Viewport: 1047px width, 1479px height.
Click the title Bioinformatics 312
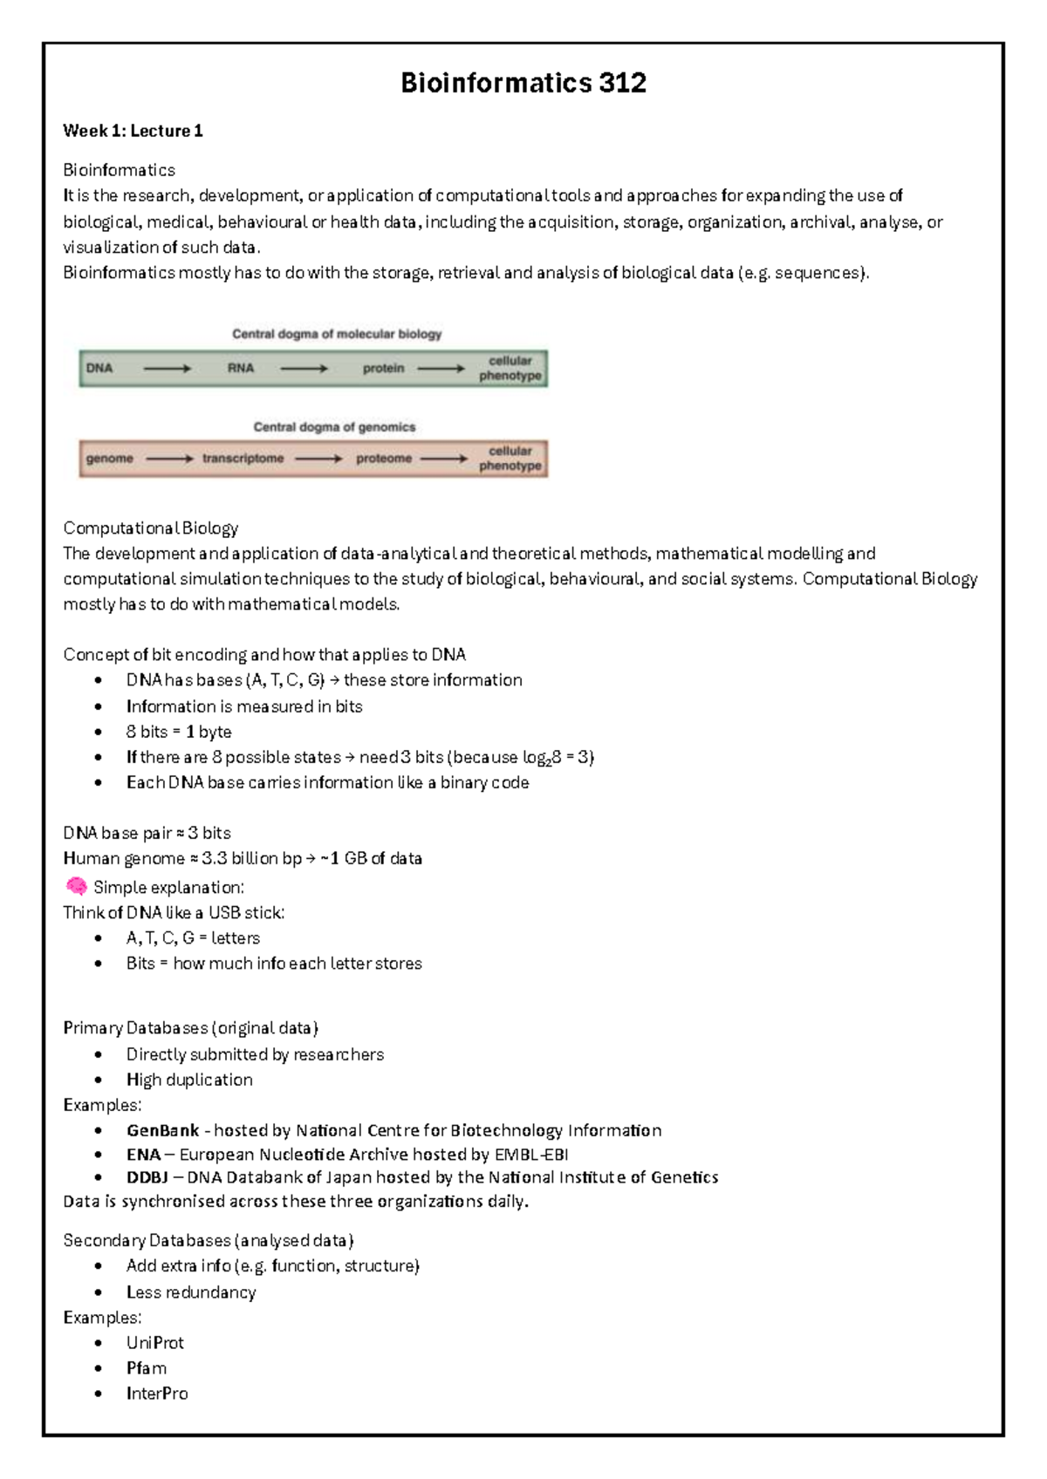pyautogui.click(x=523, y=83)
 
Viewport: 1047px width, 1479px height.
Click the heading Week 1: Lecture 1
pyautogui.click(x=133, y=131)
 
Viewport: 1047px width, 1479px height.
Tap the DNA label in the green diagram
pyautogui.click(x=99, y=368)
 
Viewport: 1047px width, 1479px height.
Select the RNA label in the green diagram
pyautogui.click(x=241, y=368)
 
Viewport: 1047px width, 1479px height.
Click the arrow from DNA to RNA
pyautogui.click(x=167, y=369)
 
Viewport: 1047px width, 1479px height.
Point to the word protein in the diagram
pyautogui.click(x=383, y=368)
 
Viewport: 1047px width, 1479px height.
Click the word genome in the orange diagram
pyautogui.click(x=110, y=459)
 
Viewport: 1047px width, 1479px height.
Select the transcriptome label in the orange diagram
pyautogui.click(x=243, y=459)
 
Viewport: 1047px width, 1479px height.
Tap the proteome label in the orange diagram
pyautogui.click(x=383, y=459)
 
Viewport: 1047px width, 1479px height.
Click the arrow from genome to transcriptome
pyautogui.click(x=169, y=459)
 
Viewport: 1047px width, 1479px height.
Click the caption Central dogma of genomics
pyautogui.click(x=334, y=427)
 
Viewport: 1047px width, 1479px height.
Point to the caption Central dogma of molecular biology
pyautogui.click(x=337, y=334)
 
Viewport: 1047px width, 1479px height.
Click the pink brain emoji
pyautogui.click(x=76, y=887)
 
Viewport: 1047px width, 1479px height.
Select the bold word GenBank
pyautogui.click(x=163, y=1130)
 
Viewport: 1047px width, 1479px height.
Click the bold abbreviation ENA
pyautogui.click(x=144, y=1155)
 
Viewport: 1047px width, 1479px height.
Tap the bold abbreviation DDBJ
pyautogui.click(x=147, y=1177)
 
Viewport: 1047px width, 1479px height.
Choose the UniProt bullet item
pyautogui.click(x=154, y=1343)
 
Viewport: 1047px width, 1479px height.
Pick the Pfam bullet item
pyautogui.click(x=146, y=1368)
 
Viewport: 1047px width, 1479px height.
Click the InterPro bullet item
pyautogui.click(x=157, y=1394)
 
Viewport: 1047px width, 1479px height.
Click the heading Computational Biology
pyautogui.click(x=150, y=528)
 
